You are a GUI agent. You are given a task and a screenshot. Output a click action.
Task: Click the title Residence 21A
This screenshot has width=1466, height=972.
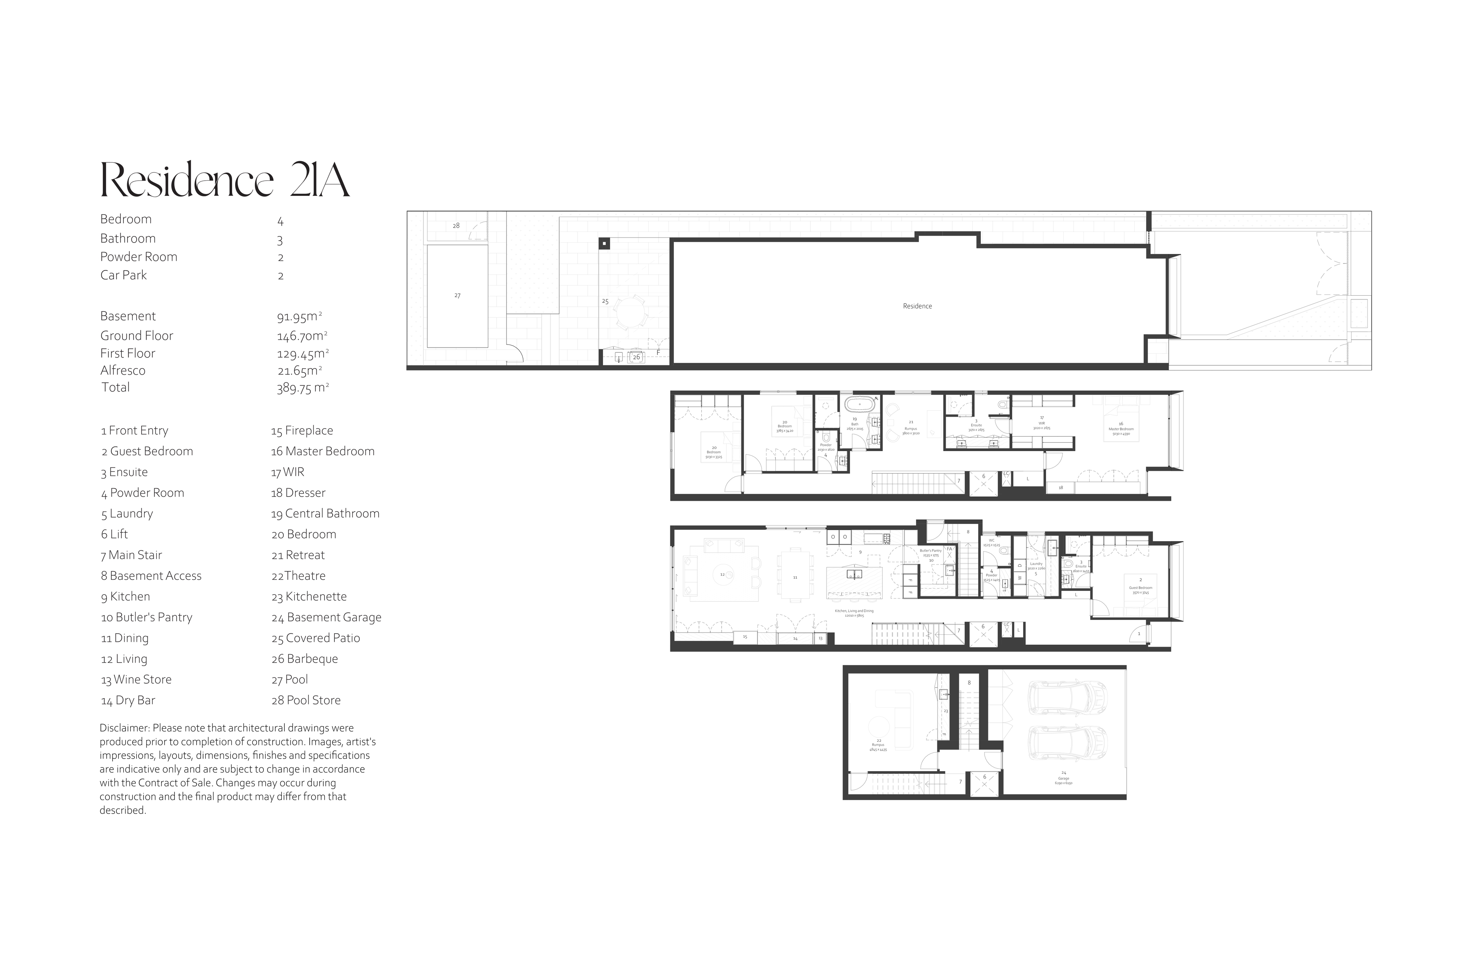[224, 180]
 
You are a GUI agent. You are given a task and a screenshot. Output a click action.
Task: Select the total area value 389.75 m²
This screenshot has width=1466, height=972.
[302, 388]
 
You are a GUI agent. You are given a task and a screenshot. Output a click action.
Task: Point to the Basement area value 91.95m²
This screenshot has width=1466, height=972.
[299, 317]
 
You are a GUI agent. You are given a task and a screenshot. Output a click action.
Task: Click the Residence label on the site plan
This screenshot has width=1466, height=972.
[917, 306]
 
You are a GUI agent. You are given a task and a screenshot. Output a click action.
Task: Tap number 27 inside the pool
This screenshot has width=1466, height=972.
[457, 296]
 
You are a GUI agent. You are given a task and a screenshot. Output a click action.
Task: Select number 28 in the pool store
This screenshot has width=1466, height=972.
[456, 226]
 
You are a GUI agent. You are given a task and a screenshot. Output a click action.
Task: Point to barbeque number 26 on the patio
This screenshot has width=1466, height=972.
[636, 357]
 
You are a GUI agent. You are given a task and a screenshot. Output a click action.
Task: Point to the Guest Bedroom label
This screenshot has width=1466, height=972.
[1140, 588]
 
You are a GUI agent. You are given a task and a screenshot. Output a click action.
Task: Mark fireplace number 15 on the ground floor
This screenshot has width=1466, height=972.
[745, 637]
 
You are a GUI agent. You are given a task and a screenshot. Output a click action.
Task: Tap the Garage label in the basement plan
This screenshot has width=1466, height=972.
[1063, 779]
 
